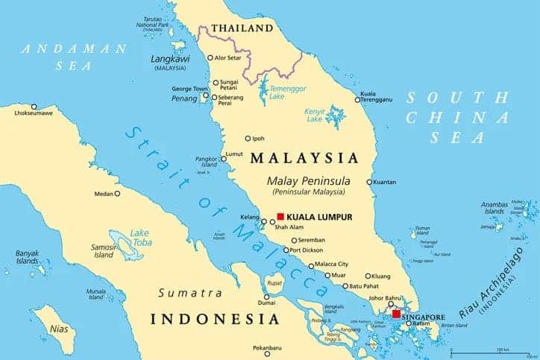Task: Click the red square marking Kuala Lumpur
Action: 280,216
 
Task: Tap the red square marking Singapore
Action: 396,314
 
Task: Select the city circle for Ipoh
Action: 248,138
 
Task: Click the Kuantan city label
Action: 386,182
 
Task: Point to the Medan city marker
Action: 117,194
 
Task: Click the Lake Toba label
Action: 140,237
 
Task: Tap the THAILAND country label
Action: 242,28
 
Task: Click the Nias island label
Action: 58,327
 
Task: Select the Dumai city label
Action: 266,303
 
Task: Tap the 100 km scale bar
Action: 495,351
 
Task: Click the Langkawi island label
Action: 172,57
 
